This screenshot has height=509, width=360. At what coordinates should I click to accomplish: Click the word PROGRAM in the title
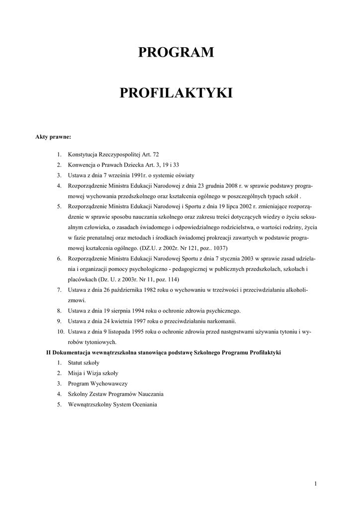(x=176, y=52)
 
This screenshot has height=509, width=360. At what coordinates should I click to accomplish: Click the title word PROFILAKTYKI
(x=176, y=93)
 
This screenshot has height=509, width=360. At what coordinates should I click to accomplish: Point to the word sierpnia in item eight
(x=121, y=311)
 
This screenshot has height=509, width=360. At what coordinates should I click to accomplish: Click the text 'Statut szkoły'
(x=84, y=362)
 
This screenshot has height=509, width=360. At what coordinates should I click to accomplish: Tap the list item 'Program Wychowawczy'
(x=98, y=383)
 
